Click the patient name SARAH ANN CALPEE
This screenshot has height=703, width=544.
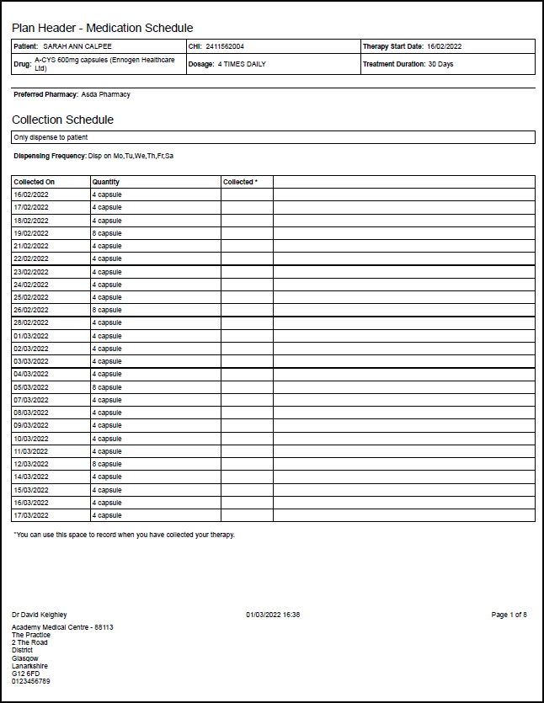[77, 46]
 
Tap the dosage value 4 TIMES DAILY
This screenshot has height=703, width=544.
[242, 64]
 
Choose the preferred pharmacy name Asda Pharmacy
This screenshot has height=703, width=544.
[105, 94]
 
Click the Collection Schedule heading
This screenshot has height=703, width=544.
[62, 120]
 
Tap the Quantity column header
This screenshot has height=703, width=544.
[106, 182]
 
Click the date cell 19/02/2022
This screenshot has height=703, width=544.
[31, 233]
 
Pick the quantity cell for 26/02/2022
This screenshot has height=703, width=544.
[107, 310]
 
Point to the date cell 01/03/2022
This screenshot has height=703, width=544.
[31, 336]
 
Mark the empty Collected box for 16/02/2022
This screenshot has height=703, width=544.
[247, 194]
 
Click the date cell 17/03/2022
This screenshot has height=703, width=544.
[31, 515]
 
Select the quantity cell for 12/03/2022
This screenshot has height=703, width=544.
[107, 464]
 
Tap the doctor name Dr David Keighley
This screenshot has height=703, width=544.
[39, 615]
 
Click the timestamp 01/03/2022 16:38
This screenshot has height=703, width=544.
[273, 615]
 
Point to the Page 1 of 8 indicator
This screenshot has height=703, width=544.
[509, 615]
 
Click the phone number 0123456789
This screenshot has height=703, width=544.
[31, 681]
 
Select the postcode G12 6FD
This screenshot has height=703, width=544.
[25, 674]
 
